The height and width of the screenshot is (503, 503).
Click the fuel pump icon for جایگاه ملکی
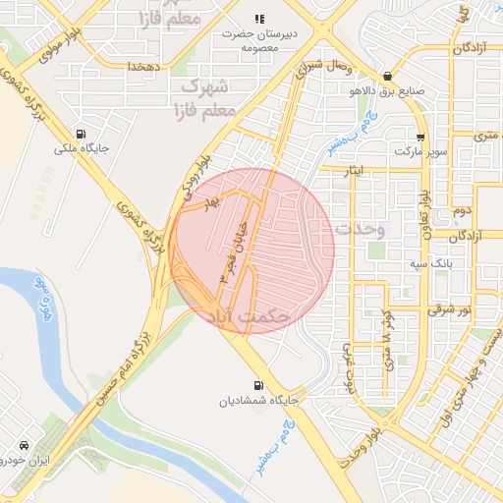pos(80,135)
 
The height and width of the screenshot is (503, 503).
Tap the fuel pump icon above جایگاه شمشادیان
pos(258,386)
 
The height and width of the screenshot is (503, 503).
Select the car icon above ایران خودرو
pos(23,445)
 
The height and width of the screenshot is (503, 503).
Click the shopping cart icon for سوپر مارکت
pos(420,138)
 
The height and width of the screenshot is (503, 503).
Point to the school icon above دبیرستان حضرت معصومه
pos(259,19)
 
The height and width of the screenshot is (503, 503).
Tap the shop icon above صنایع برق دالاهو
pos(388,76)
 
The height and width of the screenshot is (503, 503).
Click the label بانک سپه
pos(432,264)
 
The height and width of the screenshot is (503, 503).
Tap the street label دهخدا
pos(143,66)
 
